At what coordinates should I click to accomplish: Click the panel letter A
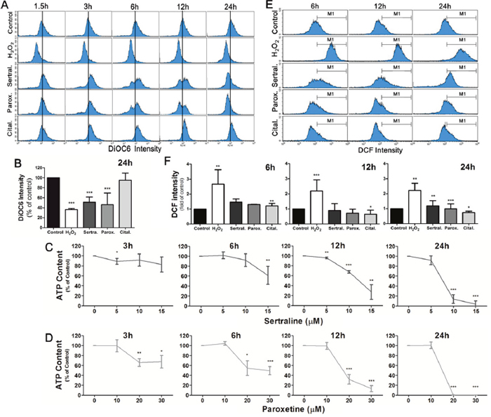click(x=6, y=6)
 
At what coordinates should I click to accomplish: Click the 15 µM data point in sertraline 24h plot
click(x=475, y=283)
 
